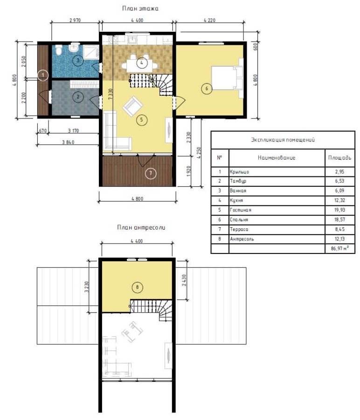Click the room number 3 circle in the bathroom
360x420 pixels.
78,60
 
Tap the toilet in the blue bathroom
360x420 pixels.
59,50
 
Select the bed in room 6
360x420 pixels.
227,78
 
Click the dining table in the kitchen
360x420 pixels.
139,65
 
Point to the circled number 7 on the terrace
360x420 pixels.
151,173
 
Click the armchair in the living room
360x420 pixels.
132,106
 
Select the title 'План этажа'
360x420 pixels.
140,8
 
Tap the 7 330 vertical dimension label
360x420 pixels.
110,94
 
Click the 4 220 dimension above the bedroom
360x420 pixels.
209,20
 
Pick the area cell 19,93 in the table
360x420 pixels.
339,210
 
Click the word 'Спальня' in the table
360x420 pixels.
239,220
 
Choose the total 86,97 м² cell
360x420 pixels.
339,248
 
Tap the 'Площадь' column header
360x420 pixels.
339,158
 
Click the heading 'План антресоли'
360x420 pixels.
141,227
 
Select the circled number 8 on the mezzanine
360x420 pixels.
137,287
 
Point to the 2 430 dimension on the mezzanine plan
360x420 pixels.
184,280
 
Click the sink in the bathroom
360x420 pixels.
73,48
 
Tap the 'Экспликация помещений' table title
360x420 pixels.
283,140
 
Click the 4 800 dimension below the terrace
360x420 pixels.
137,199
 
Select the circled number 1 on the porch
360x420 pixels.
43,75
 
